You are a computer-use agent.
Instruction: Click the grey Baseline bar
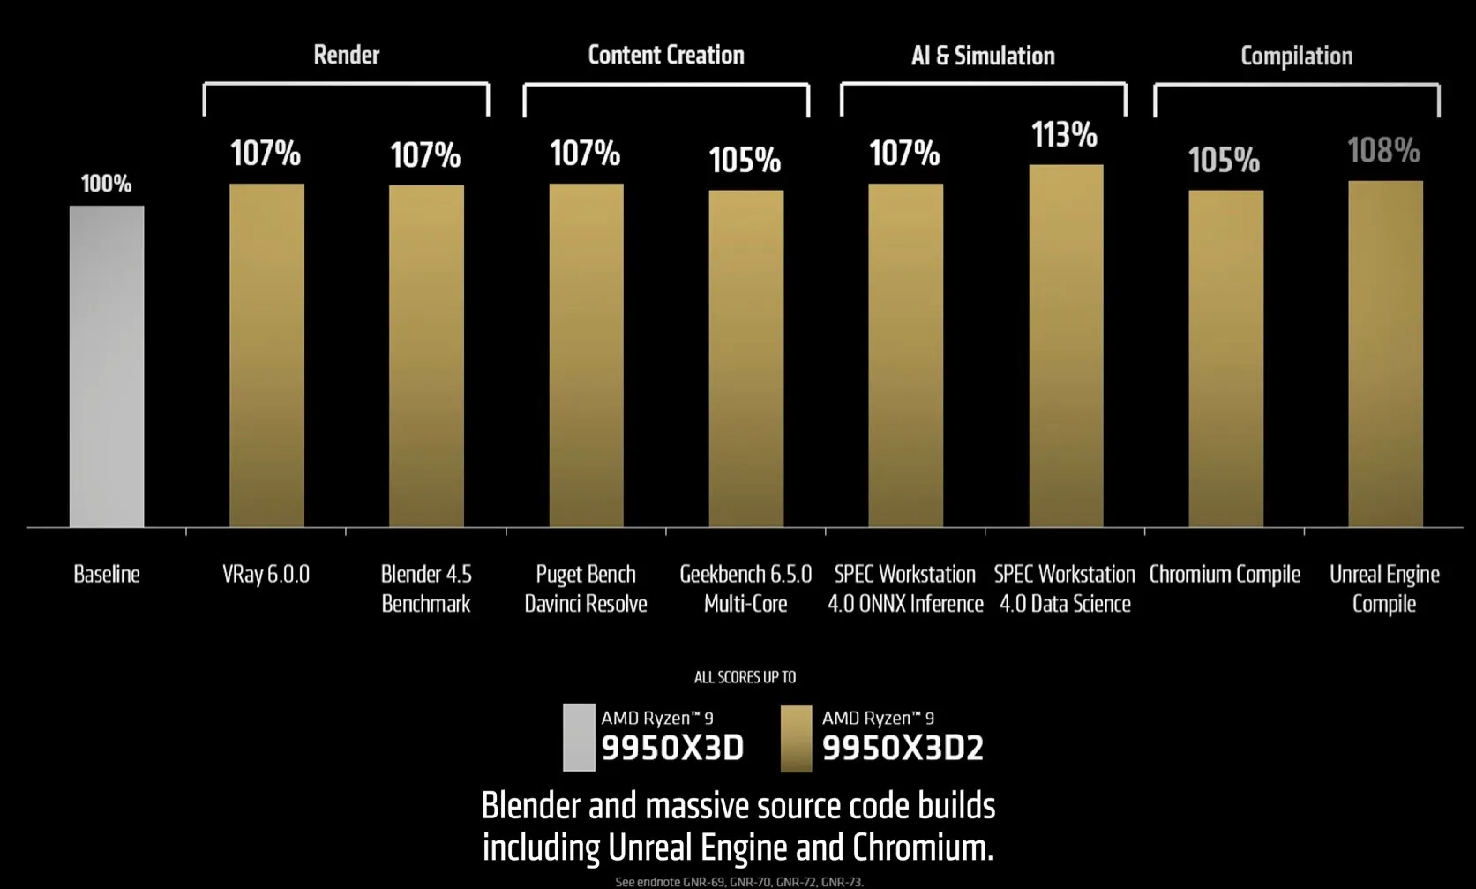point(107,366)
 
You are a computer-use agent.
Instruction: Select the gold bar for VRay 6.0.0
point(266,355)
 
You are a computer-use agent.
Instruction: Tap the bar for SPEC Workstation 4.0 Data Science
point(1066,346)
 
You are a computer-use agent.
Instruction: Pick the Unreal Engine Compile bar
point(1385,353)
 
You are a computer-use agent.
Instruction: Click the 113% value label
point(1065,135)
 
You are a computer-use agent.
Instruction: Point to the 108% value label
point(1383,151)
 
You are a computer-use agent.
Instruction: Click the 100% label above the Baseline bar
point(106,184)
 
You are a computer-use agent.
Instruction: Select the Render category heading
point(346,55)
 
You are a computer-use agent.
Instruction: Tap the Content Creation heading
point(666,55)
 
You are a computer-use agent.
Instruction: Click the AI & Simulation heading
point(983,56)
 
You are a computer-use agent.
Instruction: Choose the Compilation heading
point(1296,56)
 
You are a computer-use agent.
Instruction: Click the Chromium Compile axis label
point(1225,575)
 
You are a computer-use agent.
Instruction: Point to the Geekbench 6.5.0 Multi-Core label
point(745,589)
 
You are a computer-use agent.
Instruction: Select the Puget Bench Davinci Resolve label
point(586,589)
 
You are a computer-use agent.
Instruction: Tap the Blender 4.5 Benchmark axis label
point(426,589)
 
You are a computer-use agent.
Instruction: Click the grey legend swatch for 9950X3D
point(579,737)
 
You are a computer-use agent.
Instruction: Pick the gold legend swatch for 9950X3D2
point(796,738)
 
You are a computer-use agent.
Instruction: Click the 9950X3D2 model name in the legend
point(903,749)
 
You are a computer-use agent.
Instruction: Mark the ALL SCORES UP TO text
point(745,677)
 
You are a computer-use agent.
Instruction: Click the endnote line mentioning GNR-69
point(738,881)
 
